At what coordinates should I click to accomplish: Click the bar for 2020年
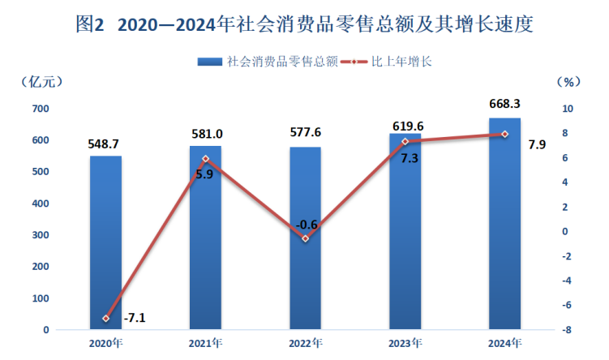[105, 243]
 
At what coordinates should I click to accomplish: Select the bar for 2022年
[306, 238]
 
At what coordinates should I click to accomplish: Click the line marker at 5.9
[206, 159]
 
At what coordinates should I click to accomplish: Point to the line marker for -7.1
[105, 318]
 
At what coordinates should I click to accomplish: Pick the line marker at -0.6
[306, 238]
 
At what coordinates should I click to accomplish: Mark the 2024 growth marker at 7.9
[504, 134]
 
